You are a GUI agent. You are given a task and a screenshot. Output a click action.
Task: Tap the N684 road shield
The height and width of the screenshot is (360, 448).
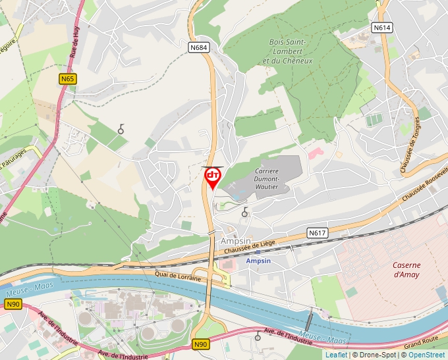pos(200,47)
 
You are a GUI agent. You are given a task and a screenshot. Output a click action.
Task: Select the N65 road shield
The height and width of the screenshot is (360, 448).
pos(67,79)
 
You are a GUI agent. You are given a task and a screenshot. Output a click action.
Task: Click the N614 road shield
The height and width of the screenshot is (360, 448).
pos(381,28)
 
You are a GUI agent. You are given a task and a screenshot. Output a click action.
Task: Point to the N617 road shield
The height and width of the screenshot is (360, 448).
pos(318,233)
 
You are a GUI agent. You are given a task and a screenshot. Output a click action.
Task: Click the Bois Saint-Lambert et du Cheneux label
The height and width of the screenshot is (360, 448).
pos(291,51)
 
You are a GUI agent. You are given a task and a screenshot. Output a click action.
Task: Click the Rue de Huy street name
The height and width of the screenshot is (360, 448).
pos(74,49)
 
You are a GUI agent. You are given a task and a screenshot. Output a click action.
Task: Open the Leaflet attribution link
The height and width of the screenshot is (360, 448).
pos(336,354)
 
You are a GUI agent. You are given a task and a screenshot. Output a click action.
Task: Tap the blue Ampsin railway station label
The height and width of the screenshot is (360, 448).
pos(258,261)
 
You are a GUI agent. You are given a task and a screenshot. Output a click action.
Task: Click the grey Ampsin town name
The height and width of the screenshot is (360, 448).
pos(236,240)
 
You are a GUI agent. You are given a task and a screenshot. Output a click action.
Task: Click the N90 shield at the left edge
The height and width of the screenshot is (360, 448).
pos(13,304)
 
